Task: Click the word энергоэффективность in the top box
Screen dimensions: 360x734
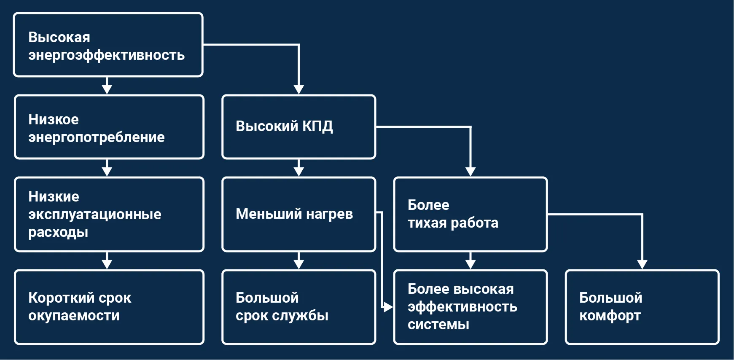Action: click(x=106, y=56)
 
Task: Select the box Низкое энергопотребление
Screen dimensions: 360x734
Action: click(x=109, y=127)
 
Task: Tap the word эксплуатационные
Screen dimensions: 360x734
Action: click(x=94, y=214)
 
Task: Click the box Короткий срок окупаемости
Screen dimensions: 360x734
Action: click(x=109, y=307)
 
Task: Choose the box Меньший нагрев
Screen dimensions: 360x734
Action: click(x=298, y=214)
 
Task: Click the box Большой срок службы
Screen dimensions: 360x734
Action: click(x=298, y=307)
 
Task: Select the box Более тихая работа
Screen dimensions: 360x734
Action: click(x=470, y=214)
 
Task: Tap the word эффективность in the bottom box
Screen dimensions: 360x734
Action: click(x=462, y=307)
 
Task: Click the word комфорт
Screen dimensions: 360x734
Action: click(x=610, y=316)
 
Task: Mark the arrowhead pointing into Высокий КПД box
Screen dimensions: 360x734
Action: click(x=298, y=89)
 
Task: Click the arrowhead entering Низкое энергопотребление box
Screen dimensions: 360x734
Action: click(x=107, y=89)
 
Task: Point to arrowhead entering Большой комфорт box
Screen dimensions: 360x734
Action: click(x=642, y=264)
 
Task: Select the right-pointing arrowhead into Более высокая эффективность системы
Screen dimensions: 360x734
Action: click(x=388, y=307)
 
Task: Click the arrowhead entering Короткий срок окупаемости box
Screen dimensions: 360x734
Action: click(x=107, y=264)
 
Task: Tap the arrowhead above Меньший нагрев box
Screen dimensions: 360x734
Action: click(x=298, y=171)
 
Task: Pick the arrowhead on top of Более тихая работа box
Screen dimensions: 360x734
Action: click(x=470, y=171)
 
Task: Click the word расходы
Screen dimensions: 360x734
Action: click(x=58, y=232)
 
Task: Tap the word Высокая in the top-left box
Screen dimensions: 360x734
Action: click(x=59, y=38)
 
